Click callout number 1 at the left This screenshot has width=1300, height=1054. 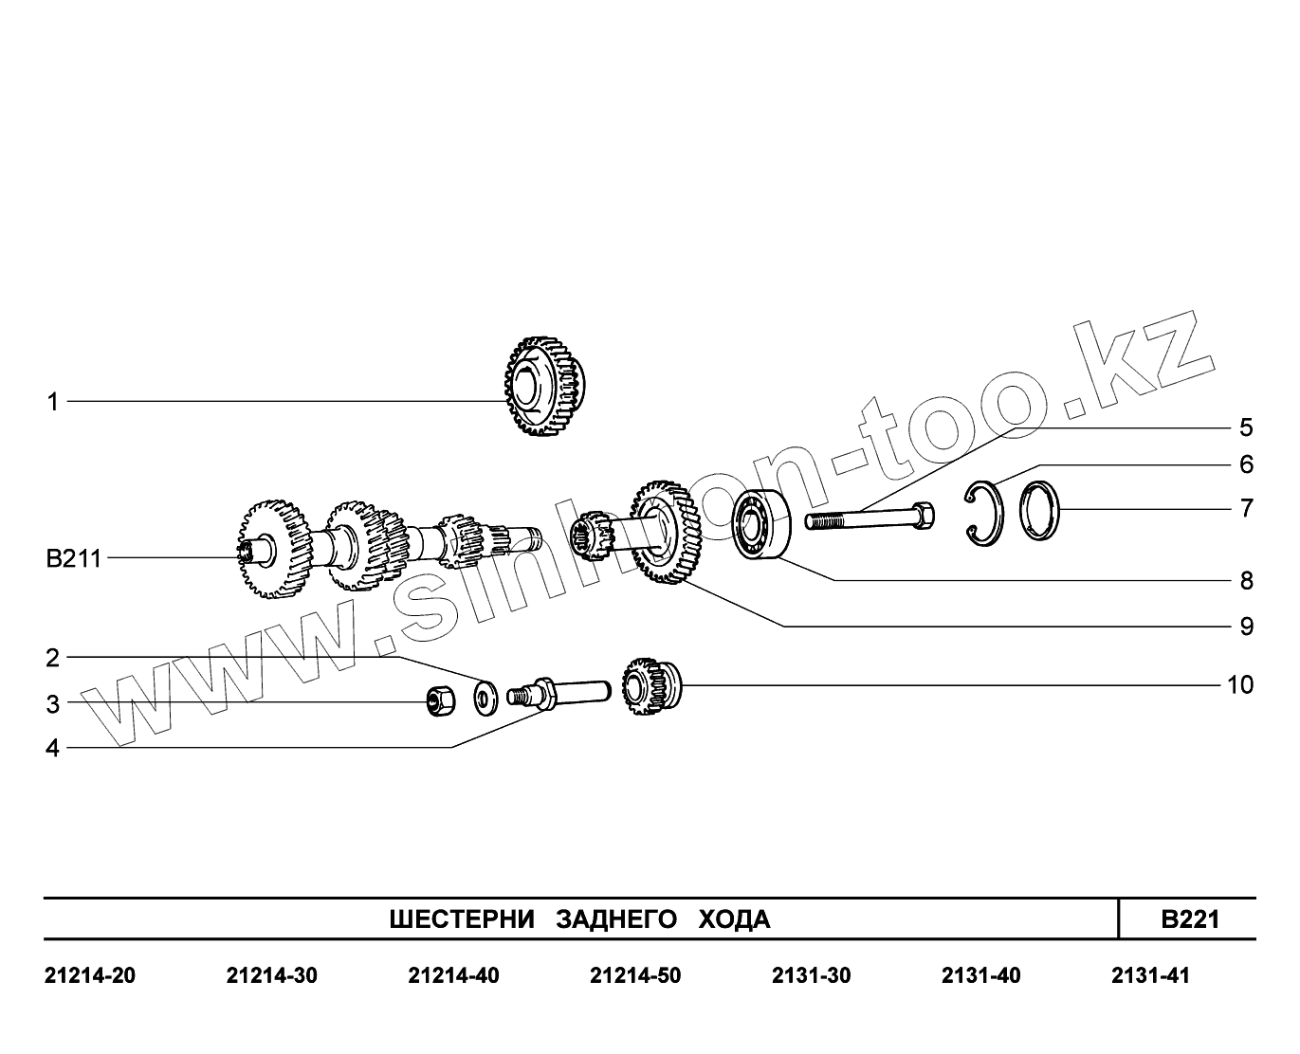[x=53, y=402]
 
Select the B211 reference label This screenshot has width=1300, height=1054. [x=73, y=558]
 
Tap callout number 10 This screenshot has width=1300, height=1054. [x=1240, y=685]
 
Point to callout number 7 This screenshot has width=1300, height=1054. [x=1246, y=508]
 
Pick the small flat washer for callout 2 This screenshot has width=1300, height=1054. [x=486, y=699]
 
